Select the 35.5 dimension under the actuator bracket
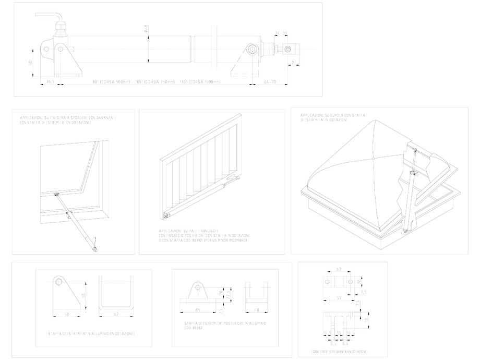pos(51,82)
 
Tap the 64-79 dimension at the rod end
pos(269,82)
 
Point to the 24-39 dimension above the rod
pos(281,34)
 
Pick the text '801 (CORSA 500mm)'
pos(111,82)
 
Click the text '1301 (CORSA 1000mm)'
pos(200,82)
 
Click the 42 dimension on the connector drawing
pos(339,270)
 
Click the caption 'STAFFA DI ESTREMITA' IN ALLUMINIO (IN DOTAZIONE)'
pos(92,333)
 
